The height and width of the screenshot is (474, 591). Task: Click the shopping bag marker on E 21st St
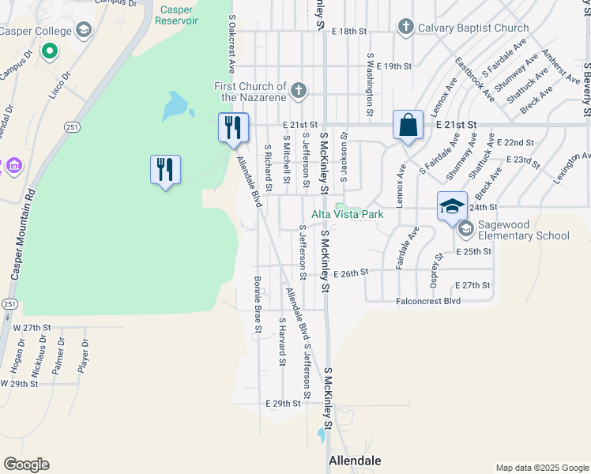point(408,126)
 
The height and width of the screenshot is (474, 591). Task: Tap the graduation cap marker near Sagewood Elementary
point(452,207)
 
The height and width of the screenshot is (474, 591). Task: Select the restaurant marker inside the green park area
point(165,171)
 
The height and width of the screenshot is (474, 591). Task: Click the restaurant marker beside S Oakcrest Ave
point(233,128)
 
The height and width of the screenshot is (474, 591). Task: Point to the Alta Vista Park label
point(347,214)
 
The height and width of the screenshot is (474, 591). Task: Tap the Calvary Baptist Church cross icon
point(405,28)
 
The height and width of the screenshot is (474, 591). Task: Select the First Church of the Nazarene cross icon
point(299,91)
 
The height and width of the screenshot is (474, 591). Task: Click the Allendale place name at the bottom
point(355,460)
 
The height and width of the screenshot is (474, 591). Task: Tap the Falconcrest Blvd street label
point(428,301)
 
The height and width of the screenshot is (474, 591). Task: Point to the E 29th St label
point(284,403)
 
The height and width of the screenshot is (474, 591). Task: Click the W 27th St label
point(32,326)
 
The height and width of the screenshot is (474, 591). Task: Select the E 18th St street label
point(350,30)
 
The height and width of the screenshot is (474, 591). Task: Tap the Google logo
point(26,465)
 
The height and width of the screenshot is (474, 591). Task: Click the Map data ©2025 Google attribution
point(541,468)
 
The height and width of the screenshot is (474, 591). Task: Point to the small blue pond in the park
point(175,104)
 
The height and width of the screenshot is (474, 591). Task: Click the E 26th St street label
point(351,273)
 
